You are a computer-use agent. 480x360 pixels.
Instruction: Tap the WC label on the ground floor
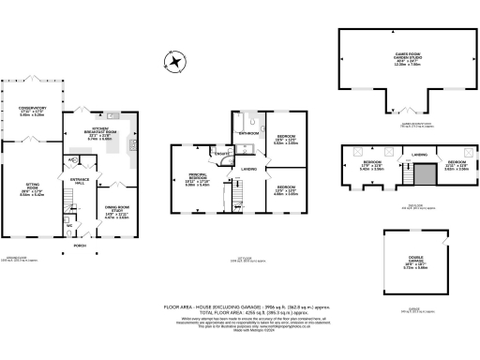pos(70,225)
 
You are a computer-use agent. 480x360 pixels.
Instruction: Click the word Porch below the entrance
pos(81,246)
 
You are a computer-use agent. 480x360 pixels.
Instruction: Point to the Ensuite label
pos(225,152)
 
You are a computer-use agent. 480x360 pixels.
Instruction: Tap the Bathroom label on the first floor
pos(248,134)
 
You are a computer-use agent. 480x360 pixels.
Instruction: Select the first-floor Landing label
pos(249,169)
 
